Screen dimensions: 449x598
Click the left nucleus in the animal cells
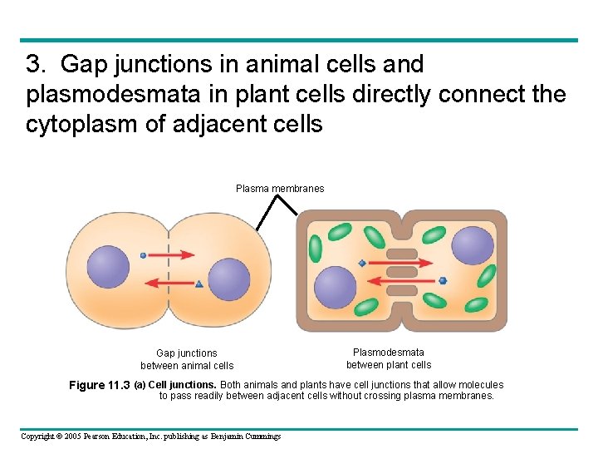[109, 267]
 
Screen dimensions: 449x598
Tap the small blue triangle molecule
[199, 284]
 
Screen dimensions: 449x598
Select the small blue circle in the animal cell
[143, 255]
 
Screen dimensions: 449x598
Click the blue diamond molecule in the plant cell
[362, 264]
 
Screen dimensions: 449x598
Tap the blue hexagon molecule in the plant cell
[443, 281]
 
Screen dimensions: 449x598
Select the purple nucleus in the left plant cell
[335, 287]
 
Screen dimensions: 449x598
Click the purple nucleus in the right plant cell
[473, 245]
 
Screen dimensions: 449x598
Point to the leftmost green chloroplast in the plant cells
[316, 249]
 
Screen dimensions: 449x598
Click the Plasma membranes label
[280, 189]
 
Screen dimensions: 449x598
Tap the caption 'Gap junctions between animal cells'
[187, 359]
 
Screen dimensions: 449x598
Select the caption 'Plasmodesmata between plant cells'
[389, 358]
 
